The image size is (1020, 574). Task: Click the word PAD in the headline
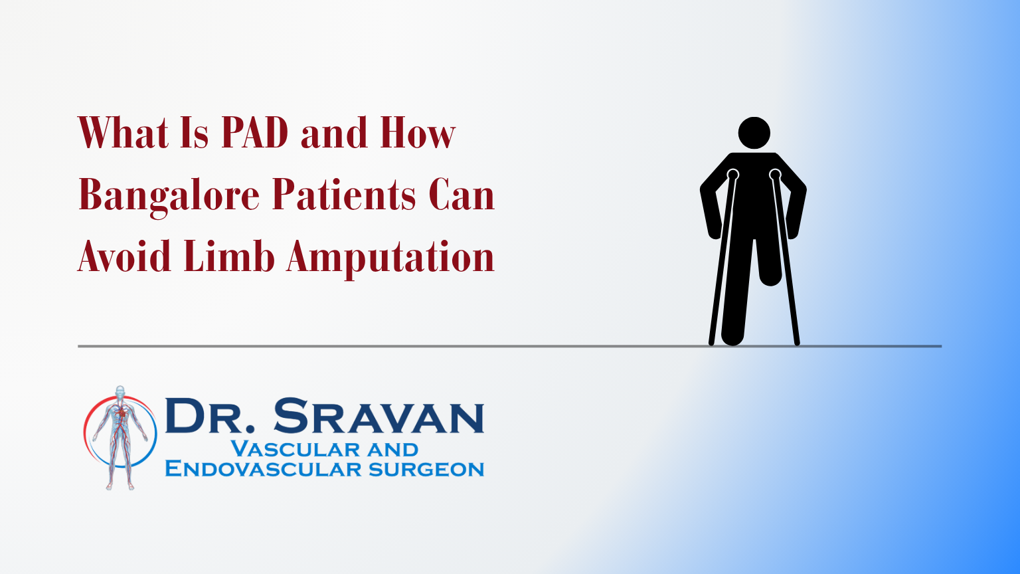click(x=254, y=133)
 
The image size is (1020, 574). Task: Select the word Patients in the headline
click(x=344, y=194)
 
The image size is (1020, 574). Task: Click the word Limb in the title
click(x=229, y=256)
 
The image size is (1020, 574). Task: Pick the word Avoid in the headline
click(x=124, y=256)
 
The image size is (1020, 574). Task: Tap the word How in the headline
click(x=418, y=133)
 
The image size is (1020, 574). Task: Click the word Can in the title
click(x=462, y=194)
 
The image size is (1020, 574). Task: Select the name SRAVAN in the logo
click(x=379, y=415)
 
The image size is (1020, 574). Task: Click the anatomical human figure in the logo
click(x=120, y=437)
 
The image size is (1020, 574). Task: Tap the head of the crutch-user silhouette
click(x=754, y=133)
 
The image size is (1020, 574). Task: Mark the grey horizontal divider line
click(x=509, y=346)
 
